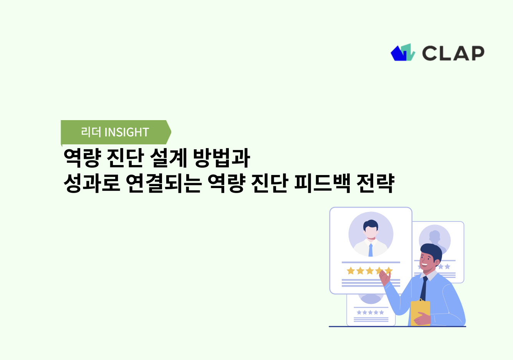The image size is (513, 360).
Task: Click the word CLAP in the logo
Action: (453, 53)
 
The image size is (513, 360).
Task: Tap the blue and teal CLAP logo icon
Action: (403, 53)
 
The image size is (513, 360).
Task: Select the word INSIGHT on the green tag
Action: (127, 132)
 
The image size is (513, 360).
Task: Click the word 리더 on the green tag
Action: (91, 132)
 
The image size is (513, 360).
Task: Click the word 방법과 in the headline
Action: (222, 158)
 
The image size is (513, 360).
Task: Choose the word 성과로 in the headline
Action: (92, 183)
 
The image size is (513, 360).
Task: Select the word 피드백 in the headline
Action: (322, 183)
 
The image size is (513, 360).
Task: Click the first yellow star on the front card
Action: (351, 271)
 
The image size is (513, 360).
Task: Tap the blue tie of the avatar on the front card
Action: (371, 250)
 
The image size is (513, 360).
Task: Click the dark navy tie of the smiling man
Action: (424, 288)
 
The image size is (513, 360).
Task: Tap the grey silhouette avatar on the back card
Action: (435, 239)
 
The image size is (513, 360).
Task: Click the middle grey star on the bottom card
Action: (370, 312)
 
